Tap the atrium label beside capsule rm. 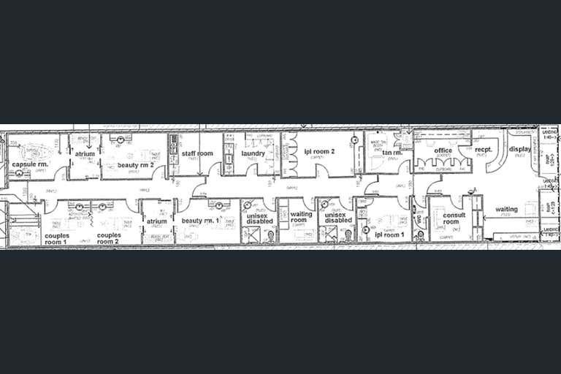(x=85, y=154)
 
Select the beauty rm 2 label (x=136, y=164)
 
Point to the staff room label (x=196, y=153)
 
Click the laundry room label (x=253, y=153)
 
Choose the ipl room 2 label (x=319, y=151)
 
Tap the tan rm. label (x=392, y=153)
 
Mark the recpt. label (x=484, y=150)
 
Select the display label (x=520, y=149)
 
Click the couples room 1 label (x=56, y=239)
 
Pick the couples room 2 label (x=108, y=239)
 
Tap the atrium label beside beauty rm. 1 (x=156, y=221)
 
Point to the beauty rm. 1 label (x=201, y=221)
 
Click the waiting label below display (x=506, y=210)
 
